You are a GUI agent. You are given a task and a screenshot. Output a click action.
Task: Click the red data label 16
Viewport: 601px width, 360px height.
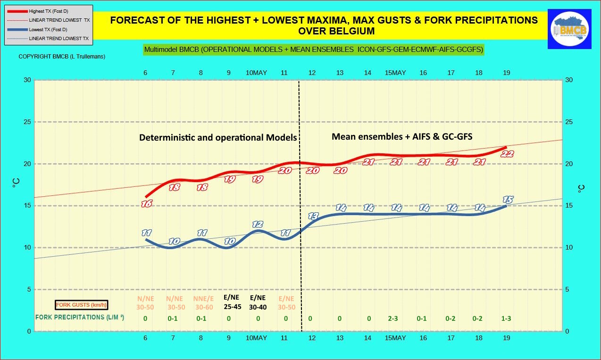(x=147, y=204)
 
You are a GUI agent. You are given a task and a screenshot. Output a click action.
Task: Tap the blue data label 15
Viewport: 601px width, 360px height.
(x=508, y=199)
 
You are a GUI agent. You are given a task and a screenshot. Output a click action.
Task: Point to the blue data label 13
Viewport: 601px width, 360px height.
(x=313, y=216)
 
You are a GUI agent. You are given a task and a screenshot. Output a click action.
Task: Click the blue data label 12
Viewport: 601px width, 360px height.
(x=257, y=224)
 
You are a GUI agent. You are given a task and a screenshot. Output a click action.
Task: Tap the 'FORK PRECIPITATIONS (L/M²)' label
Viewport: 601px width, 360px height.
(x=80, y=318)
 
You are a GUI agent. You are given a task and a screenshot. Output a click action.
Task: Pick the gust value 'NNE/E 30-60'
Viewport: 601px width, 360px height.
(x=203, y=302)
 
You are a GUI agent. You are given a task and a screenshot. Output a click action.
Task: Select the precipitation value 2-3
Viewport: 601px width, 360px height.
(x=393, y=318)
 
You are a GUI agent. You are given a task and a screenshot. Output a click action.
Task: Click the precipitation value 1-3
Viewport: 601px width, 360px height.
(x=506, y=318)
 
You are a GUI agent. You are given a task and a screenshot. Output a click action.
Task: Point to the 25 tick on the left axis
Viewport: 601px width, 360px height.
(x=27, y=122)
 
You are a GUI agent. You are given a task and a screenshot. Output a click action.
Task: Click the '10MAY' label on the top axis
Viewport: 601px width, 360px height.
(x=256, y=73)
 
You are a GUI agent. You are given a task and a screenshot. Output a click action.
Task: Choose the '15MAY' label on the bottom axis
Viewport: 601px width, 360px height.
(x=395, y=338)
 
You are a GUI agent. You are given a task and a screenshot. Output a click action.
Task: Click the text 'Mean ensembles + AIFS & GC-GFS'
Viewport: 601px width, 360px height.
(x=402, y=136)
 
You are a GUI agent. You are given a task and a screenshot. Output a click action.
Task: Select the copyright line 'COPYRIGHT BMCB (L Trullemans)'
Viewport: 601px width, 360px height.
(x=62, y=57)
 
